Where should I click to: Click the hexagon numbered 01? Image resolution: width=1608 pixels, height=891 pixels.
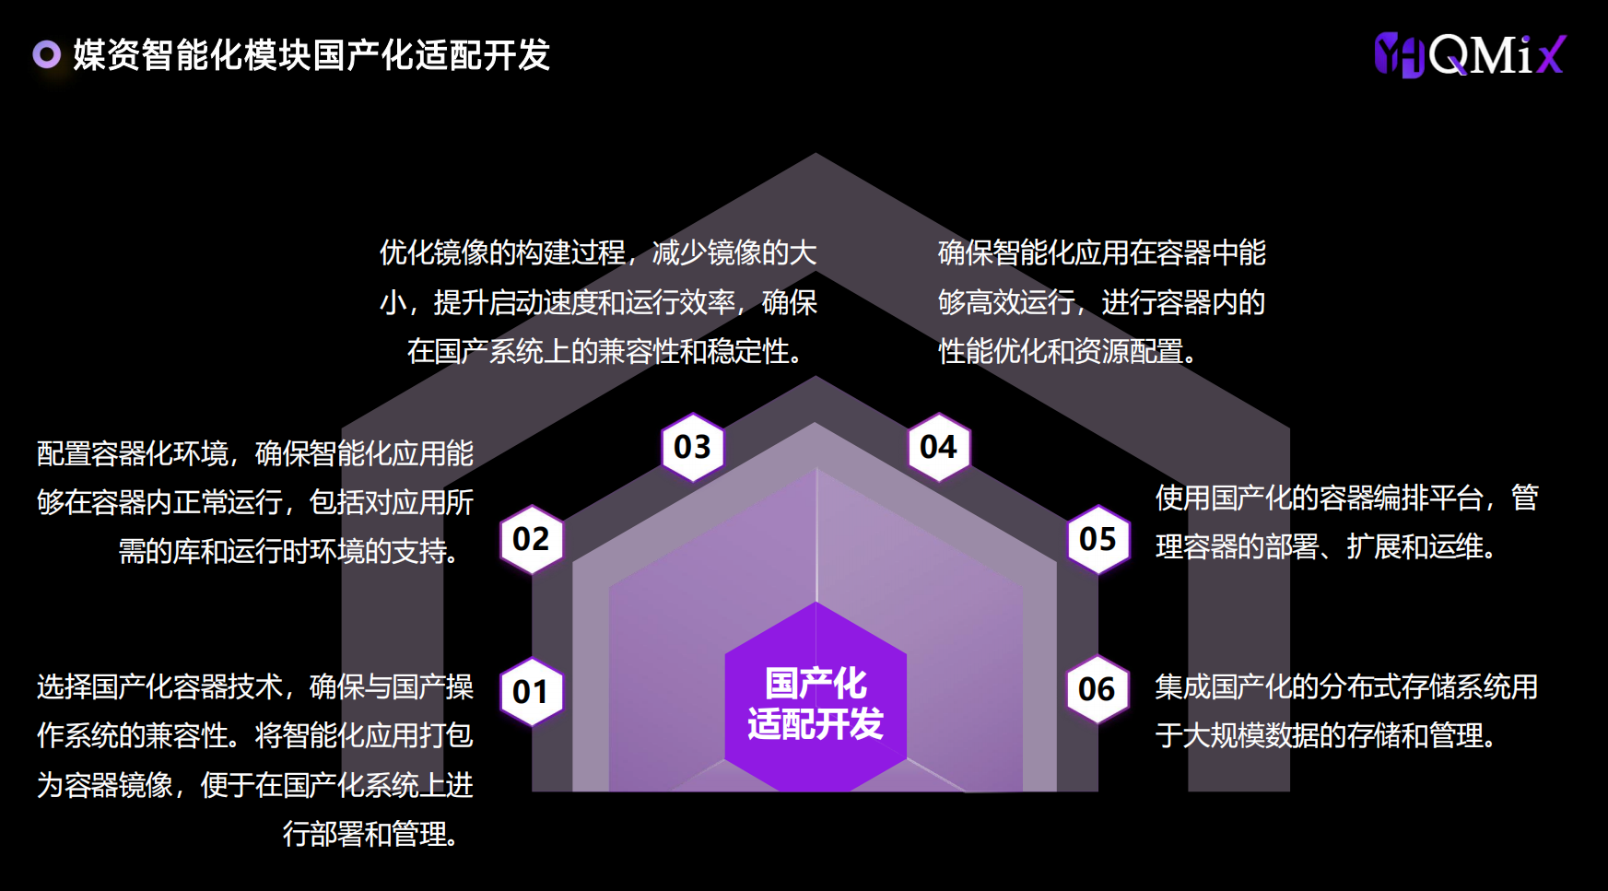[531, 691]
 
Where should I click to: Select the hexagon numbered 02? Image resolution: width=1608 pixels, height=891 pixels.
[531, 539]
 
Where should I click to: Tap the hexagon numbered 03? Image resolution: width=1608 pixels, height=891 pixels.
[693, 447]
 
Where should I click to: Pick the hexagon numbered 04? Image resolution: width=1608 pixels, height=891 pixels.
[939, 447]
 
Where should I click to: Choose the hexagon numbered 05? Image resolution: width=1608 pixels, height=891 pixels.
[1097, 539]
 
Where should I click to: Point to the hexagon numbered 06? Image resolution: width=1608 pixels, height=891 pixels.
[1097, 689]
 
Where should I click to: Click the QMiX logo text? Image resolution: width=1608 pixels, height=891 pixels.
[1497, 55]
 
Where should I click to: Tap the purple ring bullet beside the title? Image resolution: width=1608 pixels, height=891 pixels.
[46, 54]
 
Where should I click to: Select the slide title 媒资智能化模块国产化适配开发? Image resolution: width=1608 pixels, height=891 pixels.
[311, 55]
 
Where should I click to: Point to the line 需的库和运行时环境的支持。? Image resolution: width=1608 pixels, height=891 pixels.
[289, 551]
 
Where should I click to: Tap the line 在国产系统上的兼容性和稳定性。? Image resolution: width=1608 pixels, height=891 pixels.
[605, 351]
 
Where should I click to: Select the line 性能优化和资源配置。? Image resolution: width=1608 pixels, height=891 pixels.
[1067, 351]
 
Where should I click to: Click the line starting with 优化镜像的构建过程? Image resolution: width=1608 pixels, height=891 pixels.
[598, 252]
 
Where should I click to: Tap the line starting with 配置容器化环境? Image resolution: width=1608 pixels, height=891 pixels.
[255, 453]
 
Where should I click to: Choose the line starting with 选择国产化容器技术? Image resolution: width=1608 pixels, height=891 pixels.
[255, 686]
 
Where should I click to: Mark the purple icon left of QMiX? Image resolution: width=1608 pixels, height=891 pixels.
[1400, 55]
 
